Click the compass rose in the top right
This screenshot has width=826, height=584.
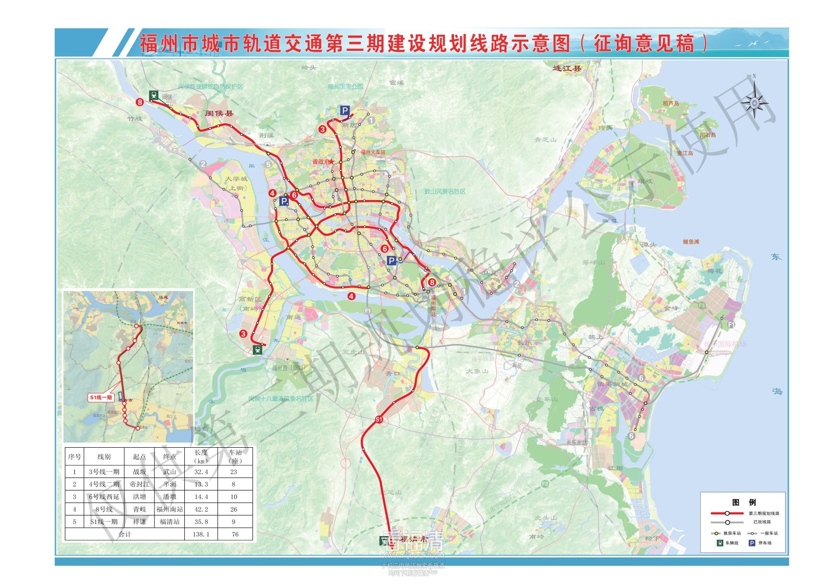click(x=754, y=102)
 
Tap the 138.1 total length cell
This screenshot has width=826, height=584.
click(x=201, y=534)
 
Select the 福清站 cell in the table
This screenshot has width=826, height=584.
click(x=169, y=522)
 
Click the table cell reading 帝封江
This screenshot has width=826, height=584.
click(x=139, y=484)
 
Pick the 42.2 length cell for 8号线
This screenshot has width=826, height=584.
click(x=201, y=509)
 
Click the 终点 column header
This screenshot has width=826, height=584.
click(x=169, y=456)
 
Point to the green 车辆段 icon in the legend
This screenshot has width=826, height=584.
click(x=720, y=543)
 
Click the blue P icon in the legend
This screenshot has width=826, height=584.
click(x=752, y=543)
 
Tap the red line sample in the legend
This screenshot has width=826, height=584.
click(x=727, y=513)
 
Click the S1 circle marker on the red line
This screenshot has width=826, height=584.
click(x=379, y=420)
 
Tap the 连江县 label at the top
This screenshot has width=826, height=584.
click(x=567, y=69)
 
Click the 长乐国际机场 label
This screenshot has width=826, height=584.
click(x=725, y=344)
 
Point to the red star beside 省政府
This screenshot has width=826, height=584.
click(x=331, y=162)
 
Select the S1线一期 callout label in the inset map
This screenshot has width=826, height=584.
click(x=101, y=397)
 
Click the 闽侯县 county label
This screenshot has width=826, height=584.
click(x=219, y=113)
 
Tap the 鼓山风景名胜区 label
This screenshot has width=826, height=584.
click(x=444, y=191)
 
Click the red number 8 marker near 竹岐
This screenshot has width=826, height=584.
click(x=140, y=102)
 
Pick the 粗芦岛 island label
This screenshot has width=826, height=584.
click(x=671, y=103)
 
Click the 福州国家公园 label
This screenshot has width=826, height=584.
click(x=345, y=87)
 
